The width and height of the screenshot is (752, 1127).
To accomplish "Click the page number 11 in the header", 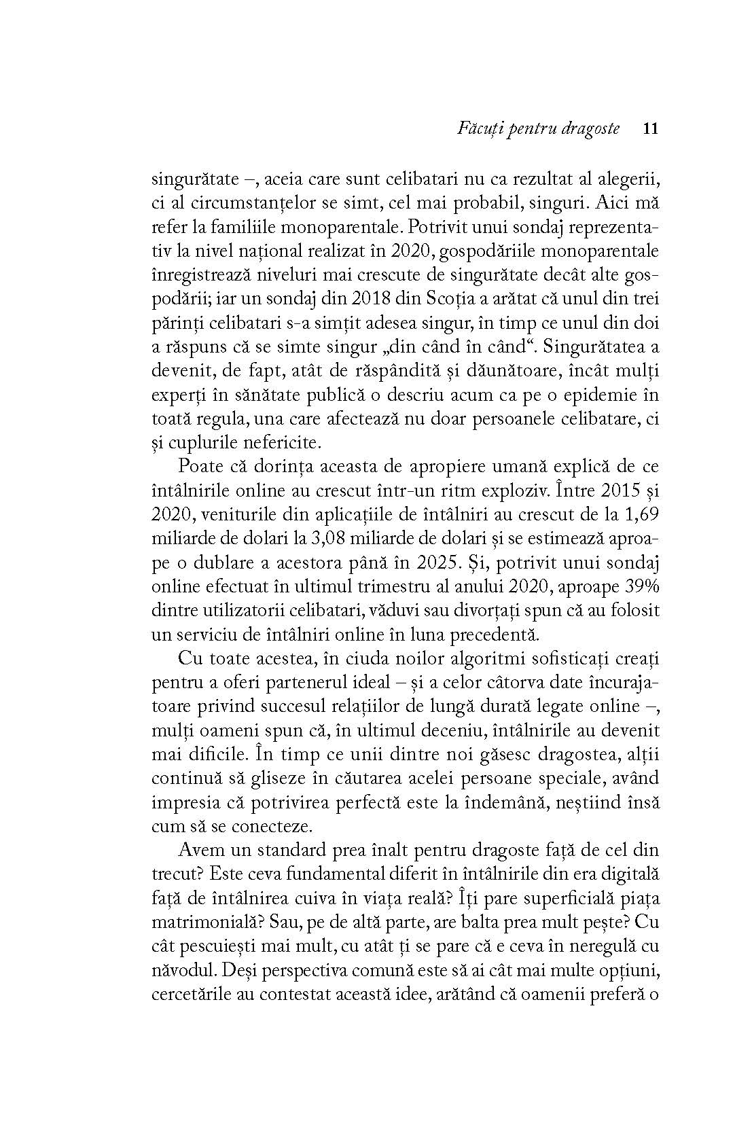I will [x=650, y=129].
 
